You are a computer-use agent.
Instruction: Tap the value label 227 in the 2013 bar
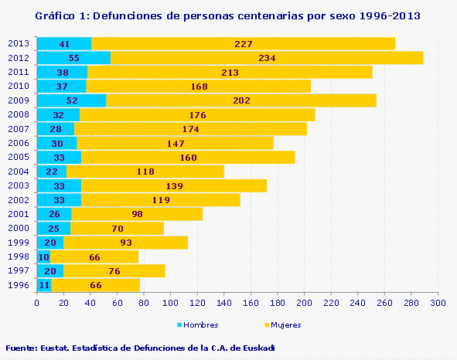[244, 44]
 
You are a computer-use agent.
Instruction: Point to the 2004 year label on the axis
[18, 172]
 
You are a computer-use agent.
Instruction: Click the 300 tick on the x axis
[438, 303]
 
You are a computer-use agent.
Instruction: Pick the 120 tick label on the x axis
[196, 303]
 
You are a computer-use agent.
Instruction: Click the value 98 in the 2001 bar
[138, 214]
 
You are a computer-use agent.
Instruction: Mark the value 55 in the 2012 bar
[74, 58]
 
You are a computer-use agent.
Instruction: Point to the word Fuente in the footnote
[21, 348]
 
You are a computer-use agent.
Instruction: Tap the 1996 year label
[18, 285]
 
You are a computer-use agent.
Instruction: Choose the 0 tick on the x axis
[36, 303]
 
